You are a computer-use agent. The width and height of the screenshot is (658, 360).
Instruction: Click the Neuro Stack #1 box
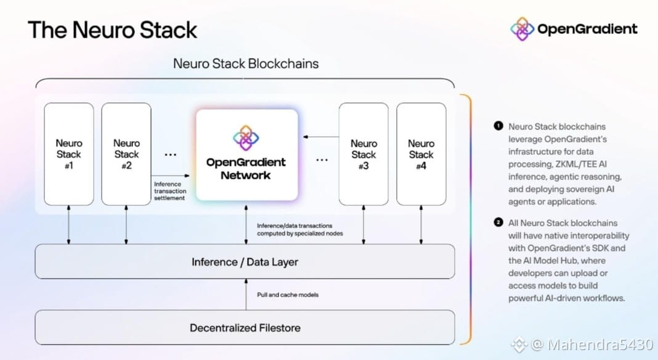(x=69, y=154)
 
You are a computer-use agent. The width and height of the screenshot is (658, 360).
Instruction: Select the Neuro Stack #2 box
(x=126, y=154)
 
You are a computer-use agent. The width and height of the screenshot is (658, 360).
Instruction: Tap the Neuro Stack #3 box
(x=364, y=154)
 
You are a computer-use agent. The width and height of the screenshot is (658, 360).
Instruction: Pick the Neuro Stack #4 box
(x=421, y=154)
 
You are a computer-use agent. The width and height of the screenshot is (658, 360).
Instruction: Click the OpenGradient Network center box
(x=246, y=155)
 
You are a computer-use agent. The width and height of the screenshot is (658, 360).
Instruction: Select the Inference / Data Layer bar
(x=245, y=262)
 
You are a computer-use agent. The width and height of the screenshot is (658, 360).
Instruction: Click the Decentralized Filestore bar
(x=245, y=328)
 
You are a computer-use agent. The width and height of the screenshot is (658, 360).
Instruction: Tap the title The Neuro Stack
(x=113, y=30)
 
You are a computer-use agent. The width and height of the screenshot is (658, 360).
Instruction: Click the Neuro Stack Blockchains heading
(x=246, y=63)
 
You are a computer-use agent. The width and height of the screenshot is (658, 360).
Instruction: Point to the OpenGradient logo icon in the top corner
(x=522, y=29)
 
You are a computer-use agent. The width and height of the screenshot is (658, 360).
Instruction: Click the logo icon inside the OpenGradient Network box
(x=246, y=138)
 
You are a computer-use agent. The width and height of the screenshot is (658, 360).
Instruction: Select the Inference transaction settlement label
(x=170, y=191)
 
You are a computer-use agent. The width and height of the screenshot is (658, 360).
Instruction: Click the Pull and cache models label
(x=288, y=295)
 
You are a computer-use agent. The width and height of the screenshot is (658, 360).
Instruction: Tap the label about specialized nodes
(x=300, y=229)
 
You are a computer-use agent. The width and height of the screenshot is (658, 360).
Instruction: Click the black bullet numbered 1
(x=498, y=126)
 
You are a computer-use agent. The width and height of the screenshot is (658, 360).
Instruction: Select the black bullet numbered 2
(x=498, y=222)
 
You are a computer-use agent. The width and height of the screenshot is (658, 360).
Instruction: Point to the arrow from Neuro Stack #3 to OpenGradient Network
(x=321, y=137)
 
